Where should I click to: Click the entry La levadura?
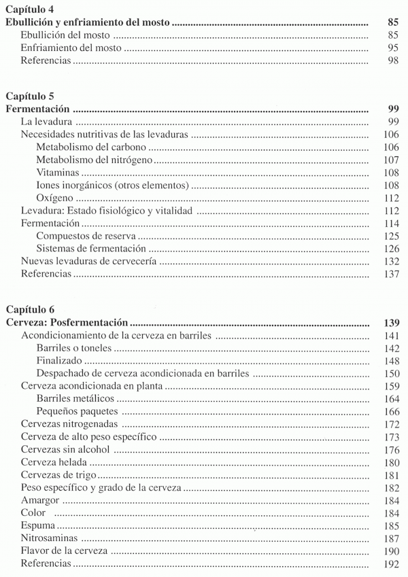coord(48,122)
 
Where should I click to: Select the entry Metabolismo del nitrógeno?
coord(94,160)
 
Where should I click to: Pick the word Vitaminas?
coord(58,173)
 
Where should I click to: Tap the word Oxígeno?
coord(55,198)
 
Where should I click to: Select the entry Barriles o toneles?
coord(75,349)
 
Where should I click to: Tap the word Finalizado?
coord(60,361)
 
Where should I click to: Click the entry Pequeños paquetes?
coord(78,412)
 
